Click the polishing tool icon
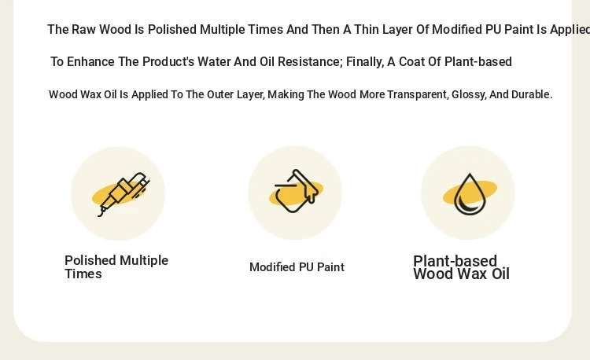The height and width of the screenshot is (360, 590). click(x=123, y=194)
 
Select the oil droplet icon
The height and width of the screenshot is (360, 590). click(x=470, y=194)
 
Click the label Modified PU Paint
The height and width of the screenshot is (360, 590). click(x=297, y=267)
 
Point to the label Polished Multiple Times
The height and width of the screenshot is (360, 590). click(x=116, y=266)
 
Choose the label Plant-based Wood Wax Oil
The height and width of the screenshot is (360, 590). click(x=461, y=267)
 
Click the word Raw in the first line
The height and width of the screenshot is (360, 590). click(x=83, y=29)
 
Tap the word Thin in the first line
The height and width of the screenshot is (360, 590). click(x=366, y=29)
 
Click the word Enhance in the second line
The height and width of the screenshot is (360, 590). click(x=90, y=61)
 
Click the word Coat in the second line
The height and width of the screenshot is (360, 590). click(x=411, y=61)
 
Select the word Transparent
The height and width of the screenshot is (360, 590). click(x=418, y=95)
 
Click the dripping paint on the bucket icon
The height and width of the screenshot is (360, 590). click(x=311, y=193)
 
